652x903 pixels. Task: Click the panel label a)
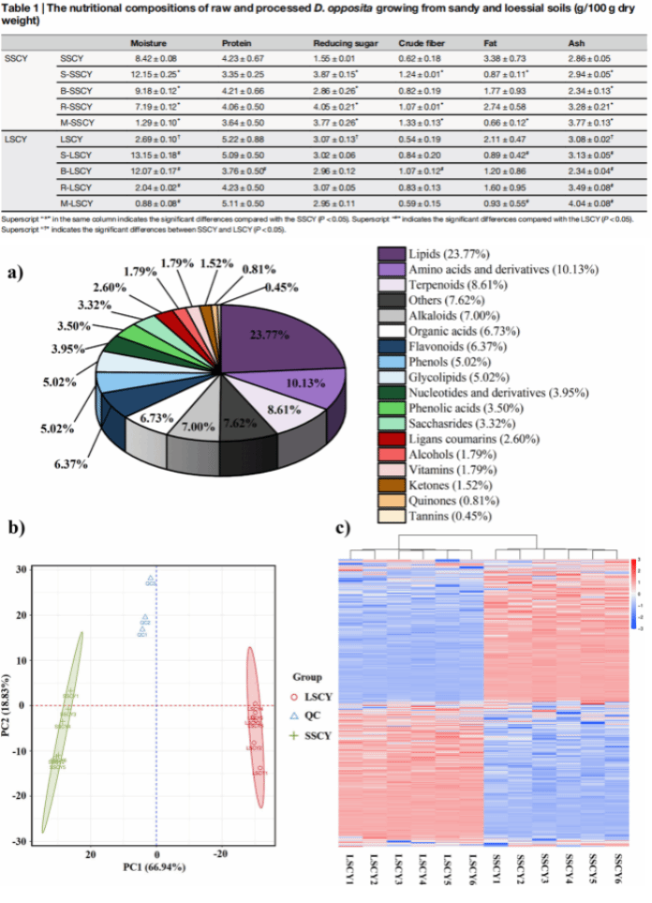click(x=16, y=275)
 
